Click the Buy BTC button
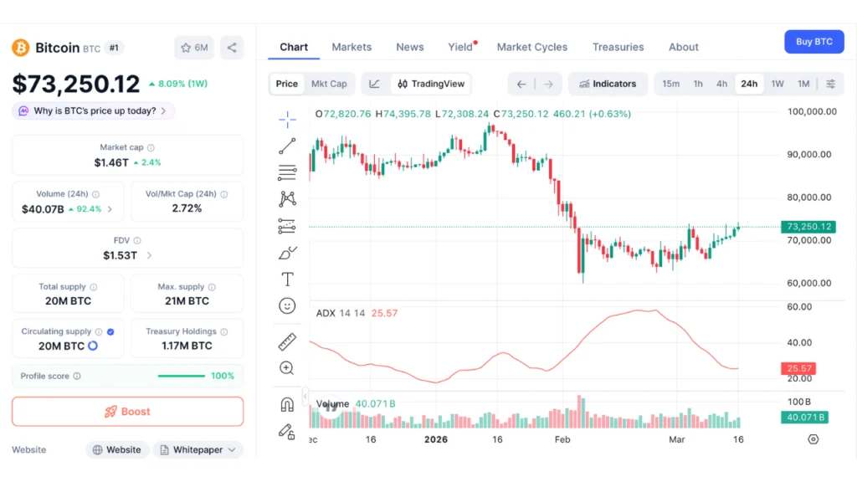[813, 42]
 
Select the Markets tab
[352, 47]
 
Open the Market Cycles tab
[531, 47]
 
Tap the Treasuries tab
[618, 47]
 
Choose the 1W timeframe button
[777, 84]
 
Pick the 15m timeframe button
[671, 84]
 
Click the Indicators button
[608, 84]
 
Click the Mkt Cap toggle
[329, 84]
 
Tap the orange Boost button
[127, 412]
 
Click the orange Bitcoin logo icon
[20, 48]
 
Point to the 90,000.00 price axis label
[809, 154]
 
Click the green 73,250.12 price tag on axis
[808, 227]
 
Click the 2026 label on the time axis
[436, 439]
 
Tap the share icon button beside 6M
[232, 48]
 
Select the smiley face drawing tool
[287, 306]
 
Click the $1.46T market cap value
[110, 162]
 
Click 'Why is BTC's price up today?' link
[94, 110]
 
